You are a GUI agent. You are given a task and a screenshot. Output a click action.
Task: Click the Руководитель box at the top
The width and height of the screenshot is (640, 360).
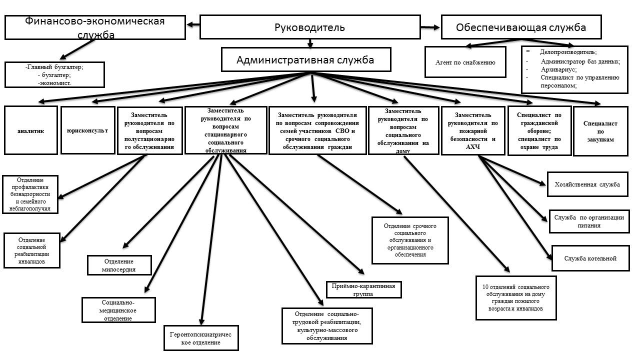[309, 27]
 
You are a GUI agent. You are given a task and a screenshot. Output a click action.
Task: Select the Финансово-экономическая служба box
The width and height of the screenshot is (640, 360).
[95, 27]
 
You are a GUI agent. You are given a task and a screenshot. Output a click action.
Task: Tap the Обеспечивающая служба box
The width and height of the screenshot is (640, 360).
[520, 27]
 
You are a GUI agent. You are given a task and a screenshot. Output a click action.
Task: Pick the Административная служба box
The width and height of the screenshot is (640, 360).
[305, 60]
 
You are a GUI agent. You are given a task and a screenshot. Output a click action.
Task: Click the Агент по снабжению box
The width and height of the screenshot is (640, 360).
[465, 62]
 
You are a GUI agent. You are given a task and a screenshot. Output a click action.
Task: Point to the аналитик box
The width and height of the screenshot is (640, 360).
[30, 130]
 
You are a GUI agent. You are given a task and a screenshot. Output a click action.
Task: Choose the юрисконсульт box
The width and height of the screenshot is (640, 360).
[87, 130]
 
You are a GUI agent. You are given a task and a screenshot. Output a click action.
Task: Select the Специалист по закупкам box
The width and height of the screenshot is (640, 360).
[600, 131]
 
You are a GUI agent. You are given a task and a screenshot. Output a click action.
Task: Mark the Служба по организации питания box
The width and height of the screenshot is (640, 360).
[589, 221]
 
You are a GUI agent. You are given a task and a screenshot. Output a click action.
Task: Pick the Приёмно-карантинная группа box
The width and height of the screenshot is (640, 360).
[363, 290]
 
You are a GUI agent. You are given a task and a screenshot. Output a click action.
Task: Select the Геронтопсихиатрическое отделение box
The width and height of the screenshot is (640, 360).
[201, 338]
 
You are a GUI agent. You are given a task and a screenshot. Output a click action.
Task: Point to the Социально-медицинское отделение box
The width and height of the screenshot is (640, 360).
[119, 310]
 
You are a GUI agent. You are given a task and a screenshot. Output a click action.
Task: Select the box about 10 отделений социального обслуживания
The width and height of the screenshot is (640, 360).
[515, 297]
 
